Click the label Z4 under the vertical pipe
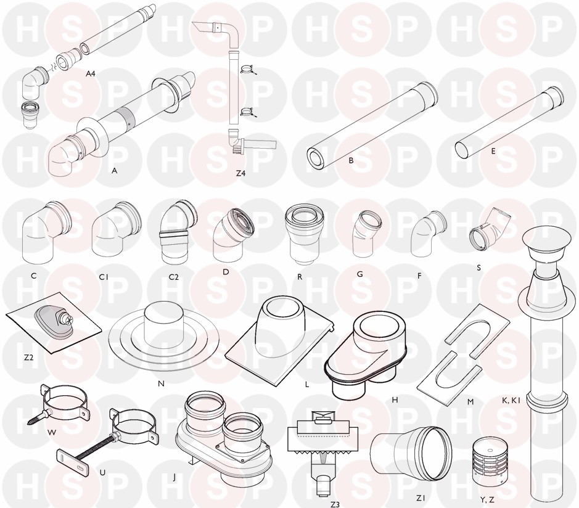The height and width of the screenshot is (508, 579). tap(240, 173)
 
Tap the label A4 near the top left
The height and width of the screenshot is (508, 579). tap(91, 73)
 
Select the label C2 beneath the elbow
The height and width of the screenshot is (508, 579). tap(173, 277)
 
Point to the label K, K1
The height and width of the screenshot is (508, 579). tap(511, 399)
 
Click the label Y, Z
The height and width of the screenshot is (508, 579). tap(487, 500)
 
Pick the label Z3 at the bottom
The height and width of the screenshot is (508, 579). tap(335, 504)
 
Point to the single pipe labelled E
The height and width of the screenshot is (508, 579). tap(510, 125)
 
